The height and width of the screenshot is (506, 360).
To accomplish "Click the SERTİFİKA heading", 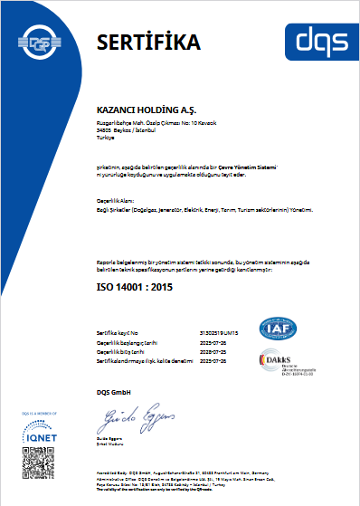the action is (148, 42).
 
